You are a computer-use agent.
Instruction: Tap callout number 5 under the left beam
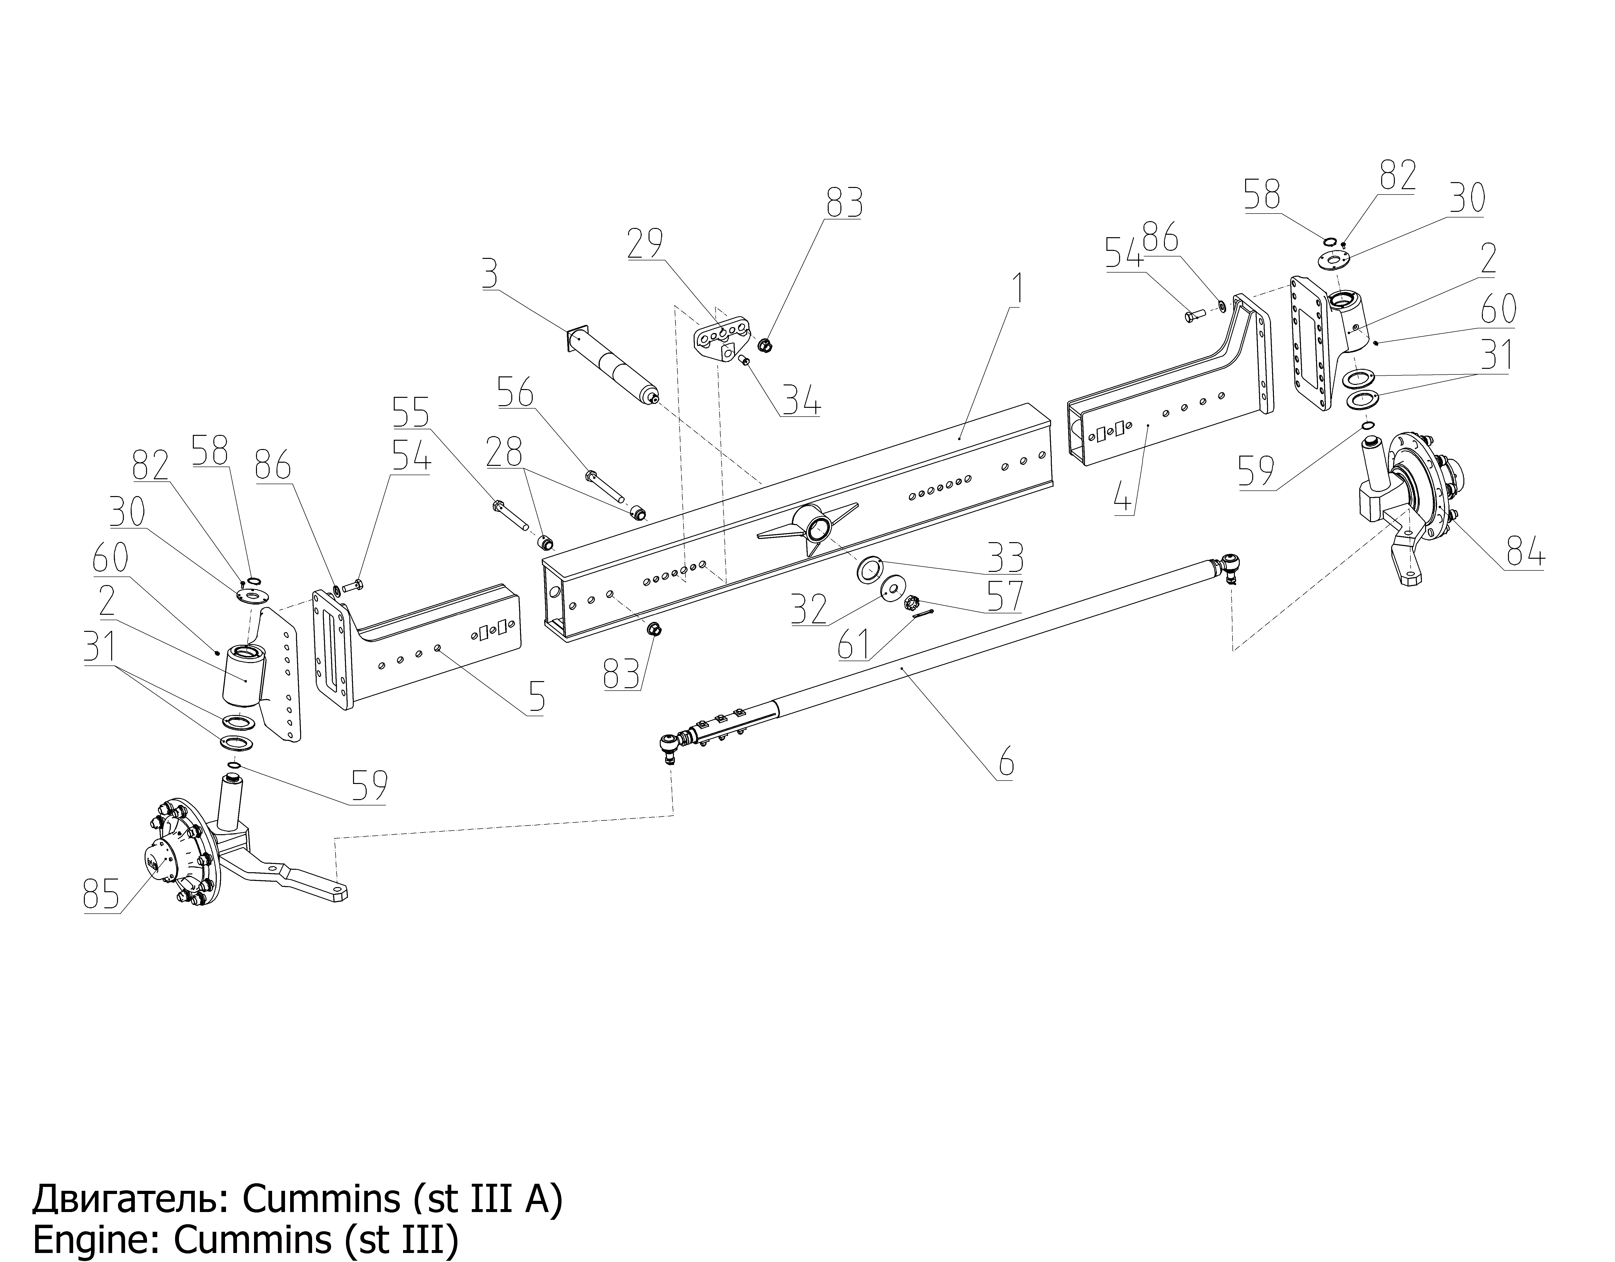(x=537, y=697)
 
